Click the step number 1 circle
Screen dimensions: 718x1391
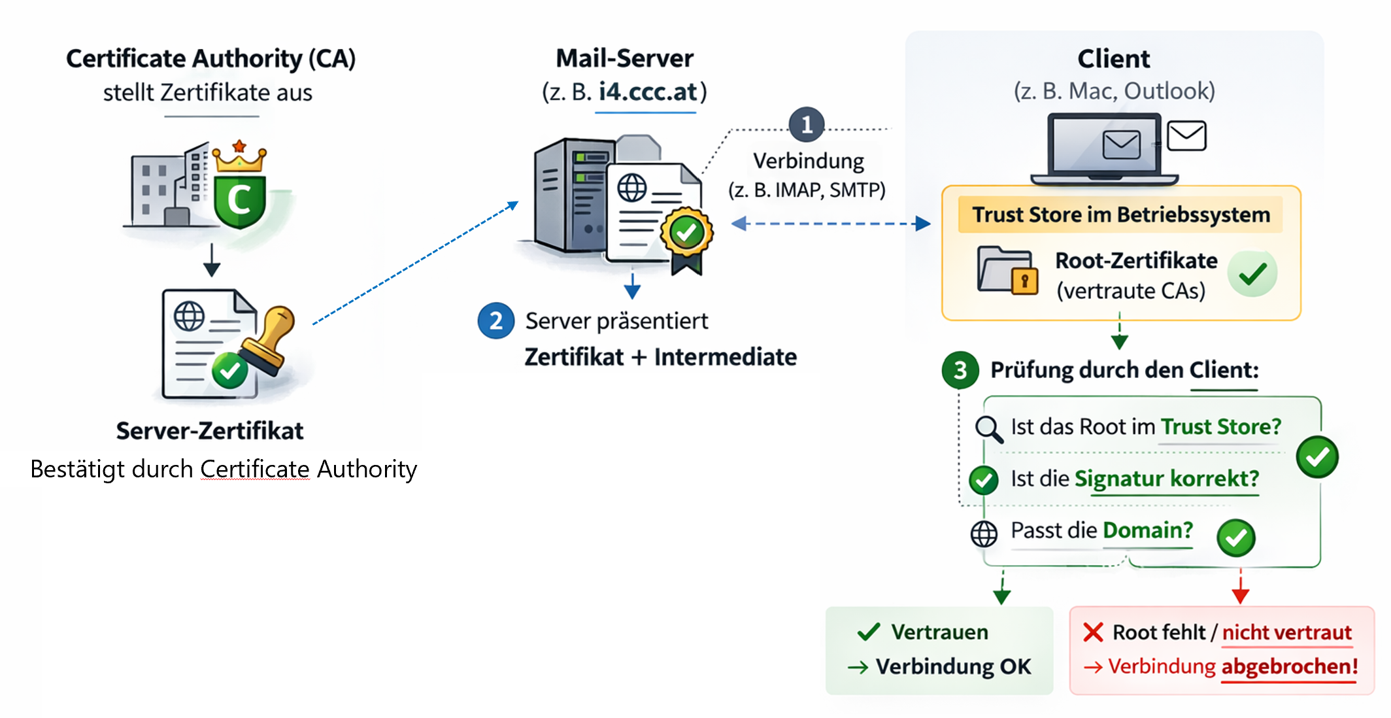pyautogui.click(x=807, y=124)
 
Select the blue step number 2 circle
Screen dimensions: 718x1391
pyautogui.click(x=496, y=320)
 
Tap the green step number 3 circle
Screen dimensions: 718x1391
pyautogui.click(x=960, y=370)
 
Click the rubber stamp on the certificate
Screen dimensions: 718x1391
pyautogui.click(x=269, y=340)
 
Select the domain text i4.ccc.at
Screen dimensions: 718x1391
pyautogui.click(x=647, y=92)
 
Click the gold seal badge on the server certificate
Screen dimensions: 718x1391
pyautogui.click(x=686, y=232)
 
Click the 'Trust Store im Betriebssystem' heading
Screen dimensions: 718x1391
pyautogui.click(x=1120, y=214)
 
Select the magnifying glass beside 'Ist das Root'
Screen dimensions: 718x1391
pyautogui.click(x=988, y=429)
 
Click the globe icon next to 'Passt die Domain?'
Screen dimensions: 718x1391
pyautogui.click(x=984, y=534)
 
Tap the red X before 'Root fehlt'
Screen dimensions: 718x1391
pyautogui.click(x=1093, y=632)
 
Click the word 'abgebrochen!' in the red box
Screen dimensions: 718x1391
pyautogui.click(x=1289, y=666)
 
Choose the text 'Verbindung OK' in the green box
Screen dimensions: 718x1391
pyautogui.click(x=953, y=666)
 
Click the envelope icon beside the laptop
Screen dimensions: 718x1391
pyautogui.click(x=1186, y=136)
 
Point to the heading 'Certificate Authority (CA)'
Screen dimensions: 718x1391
pyautogui.click(x=210, y=59)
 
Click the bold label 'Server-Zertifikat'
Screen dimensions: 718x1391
pyautogui.click(x=210, y=431)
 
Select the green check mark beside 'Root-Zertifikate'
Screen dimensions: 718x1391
pyautogui.click(x=1252, y=273)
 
